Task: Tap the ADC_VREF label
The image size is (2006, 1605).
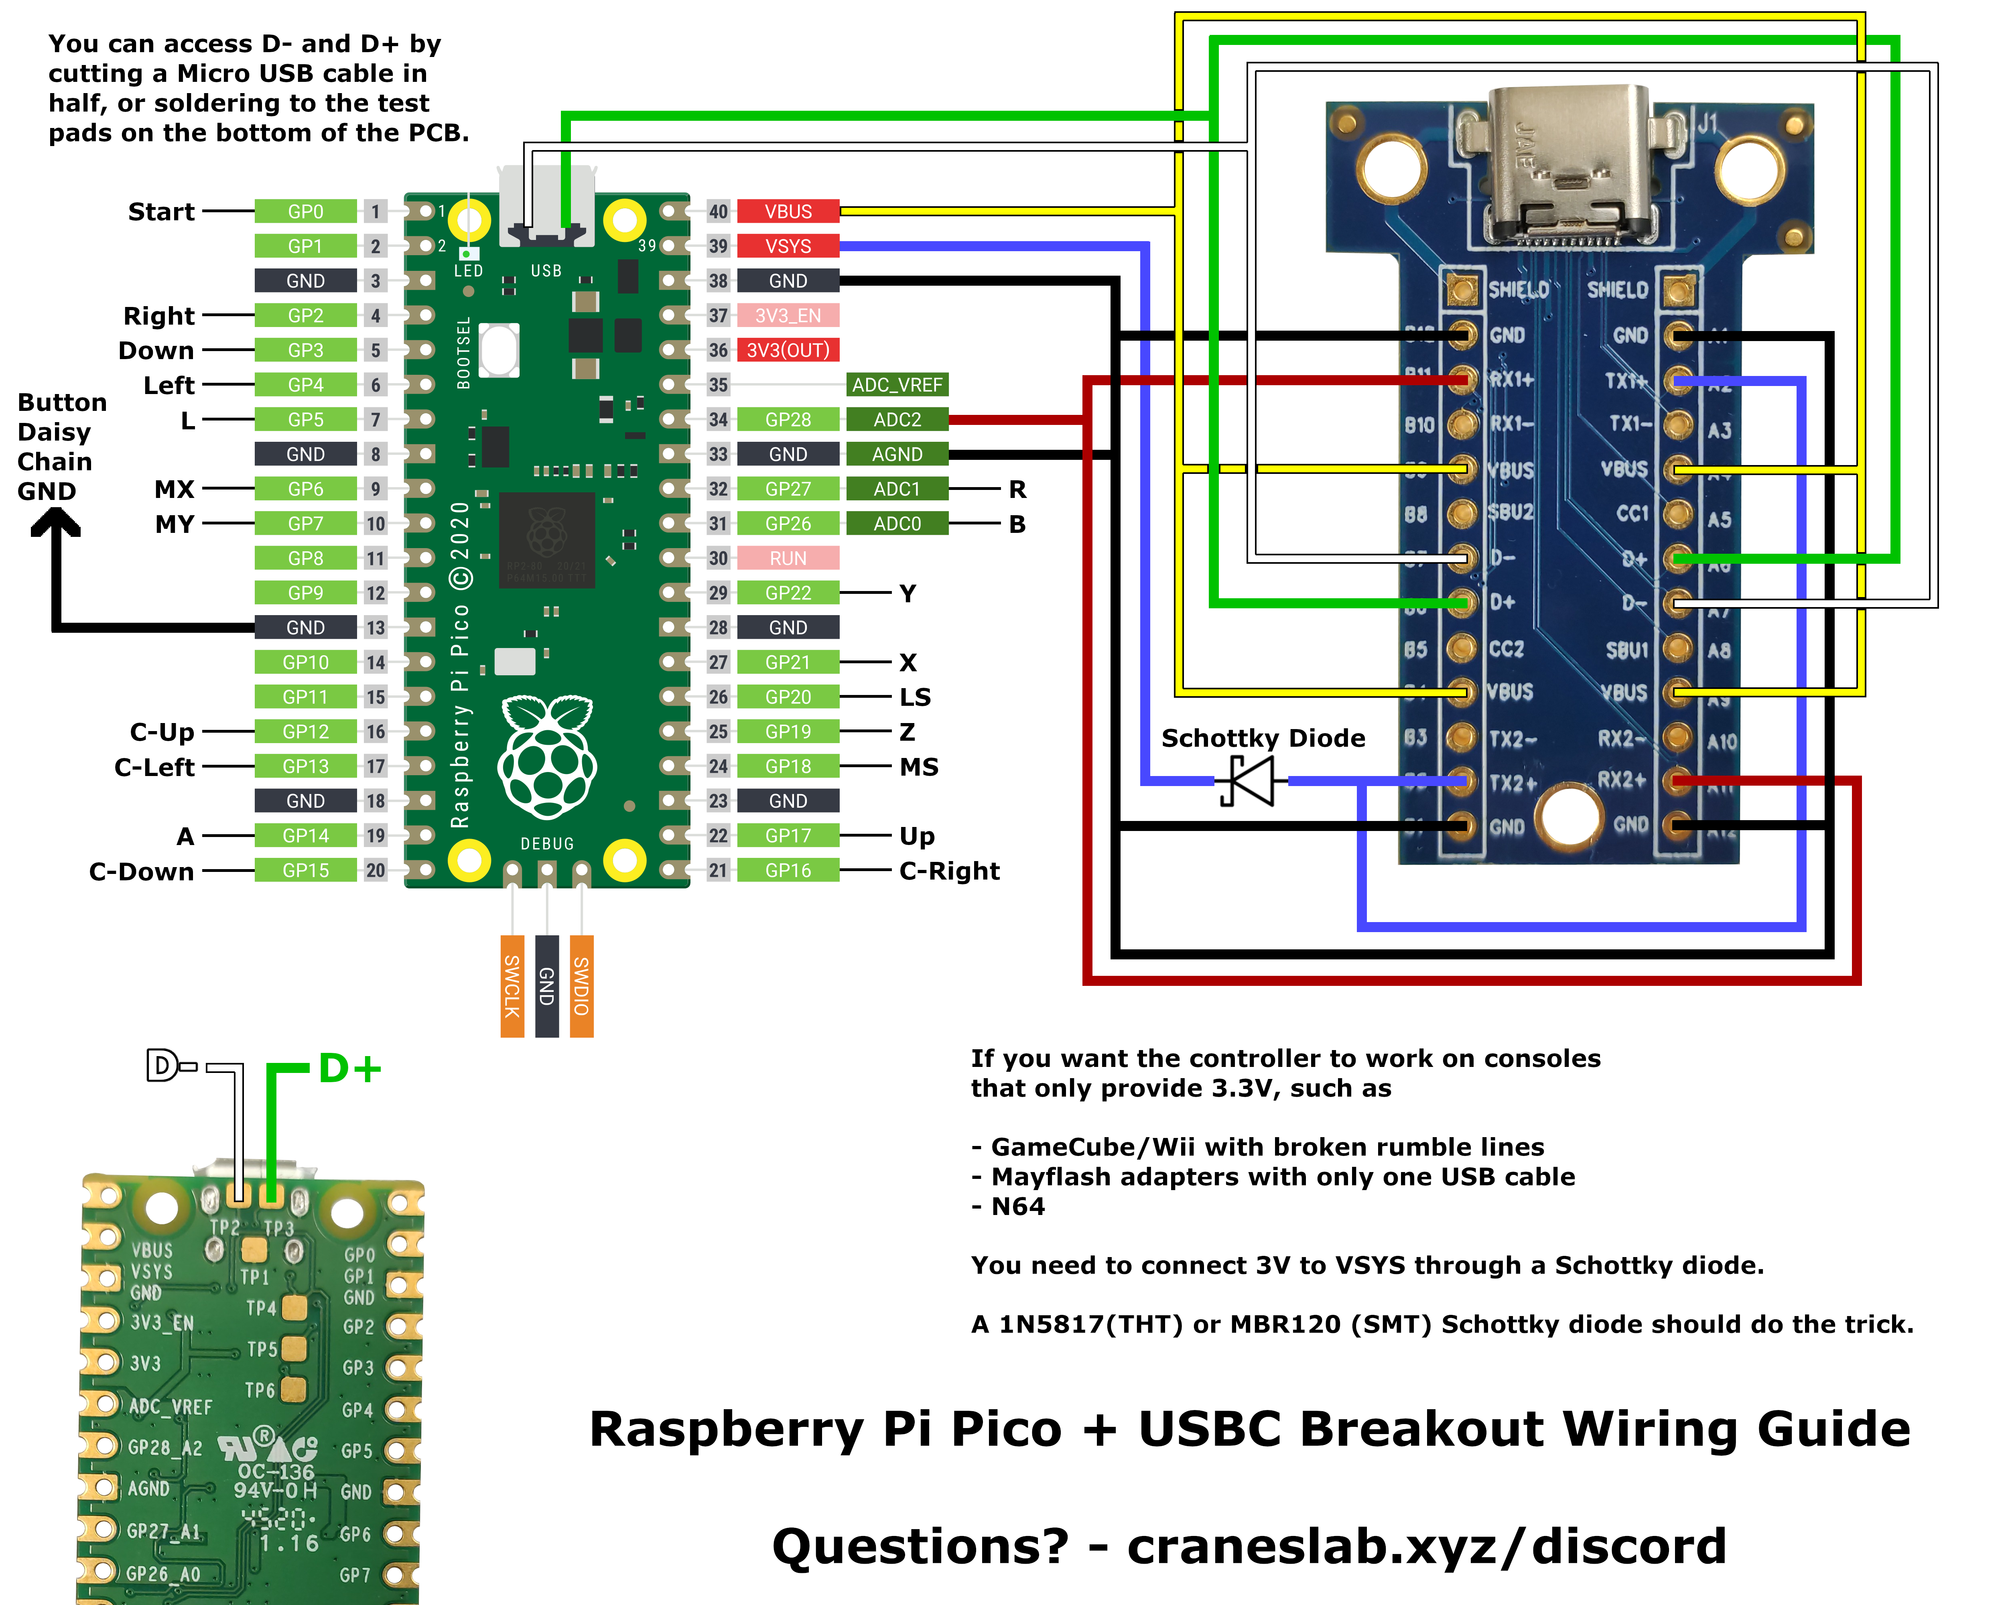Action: (x=897, y=384)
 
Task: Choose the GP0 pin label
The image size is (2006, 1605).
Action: (x=305, y=211)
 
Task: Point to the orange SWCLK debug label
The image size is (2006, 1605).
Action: (x=512, y=986)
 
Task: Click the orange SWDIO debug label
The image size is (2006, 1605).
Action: (x=581, y=986)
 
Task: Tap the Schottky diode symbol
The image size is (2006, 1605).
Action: (x=1250, y=780)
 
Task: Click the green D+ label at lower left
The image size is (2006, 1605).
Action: (x=350, y=1068)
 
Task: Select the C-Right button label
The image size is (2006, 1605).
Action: (x=949, y=871)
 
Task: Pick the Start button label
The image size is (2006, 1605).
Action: (x=161, y=212)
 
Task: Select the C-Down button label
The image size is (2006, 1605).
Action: (x=142, y=872)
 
